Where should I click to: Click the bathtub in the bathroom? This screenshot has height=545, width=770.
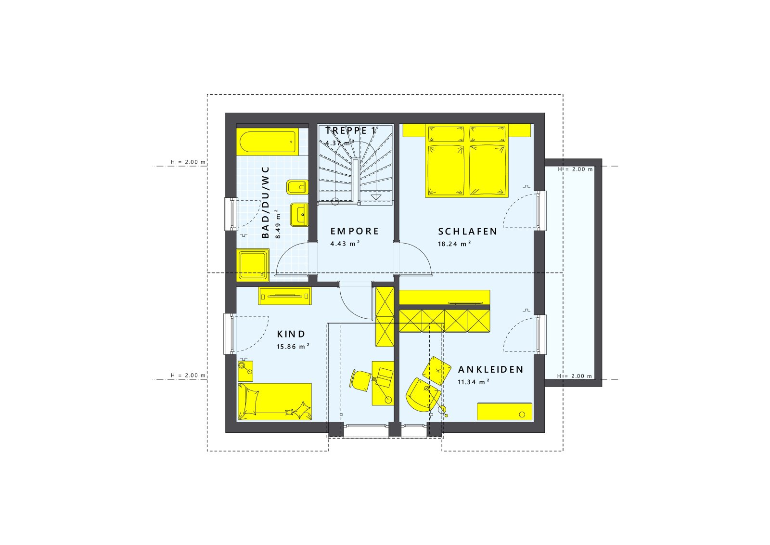(x=266, y=142)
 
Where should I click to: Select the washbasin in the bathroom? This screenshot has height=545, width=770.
(x=299, y=214)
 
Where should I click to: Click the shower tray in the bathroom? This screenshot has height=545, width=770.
(x=253, y=265)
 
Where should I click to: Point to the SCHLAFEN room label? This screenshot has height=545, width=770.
(x=467, y=232)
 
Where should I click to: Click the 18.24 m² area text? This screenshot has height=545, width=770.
(x=454, y=244)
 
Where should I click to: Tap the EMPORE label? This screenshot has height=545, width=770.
(x=355, y=232)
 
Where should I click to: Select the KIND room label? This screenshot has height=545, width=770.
(x=291, y=334)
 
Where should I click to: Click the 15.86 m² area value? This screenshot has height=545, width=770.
(x=293, y=347)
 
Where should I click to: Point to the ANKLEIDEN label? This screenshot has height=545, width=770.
(x=490, y=370)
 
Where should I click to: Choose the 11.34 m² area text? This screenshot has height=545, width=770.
(x=474, y=382)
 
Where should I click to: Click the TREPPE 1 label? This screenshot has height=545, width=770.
(x=350, y=130)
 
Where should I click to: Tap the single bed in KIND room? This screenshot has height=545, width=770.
(x=274, y=402)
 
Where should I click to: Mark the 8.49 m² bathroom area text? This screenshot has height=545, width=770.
(x=278, y=224)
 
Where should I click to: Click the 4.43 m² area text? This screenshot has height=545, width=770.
(x=345, y=244)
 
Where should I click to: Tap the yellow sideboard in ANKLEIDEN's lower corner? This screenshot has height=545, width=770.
(x=504, y=412)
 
